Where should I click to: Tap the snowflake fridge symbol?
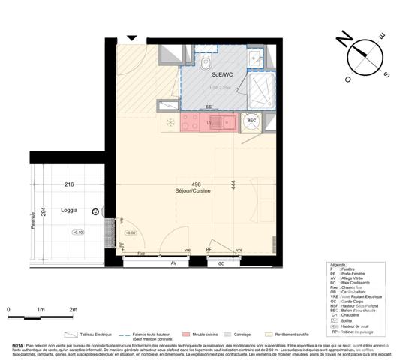point(170,121)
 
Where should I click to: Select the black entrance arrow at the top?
point(133,38)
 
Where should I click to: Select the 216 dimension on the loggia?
point(68,184)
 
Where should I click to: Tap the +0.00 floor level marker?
point(130,233)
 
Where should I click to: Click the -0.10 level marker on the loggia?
point(77,232)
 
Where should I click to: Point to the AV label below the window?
point(173,264)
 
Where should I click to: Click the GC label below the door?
point(221,264)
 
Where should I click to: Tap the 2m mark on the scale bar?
point(73,309)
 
